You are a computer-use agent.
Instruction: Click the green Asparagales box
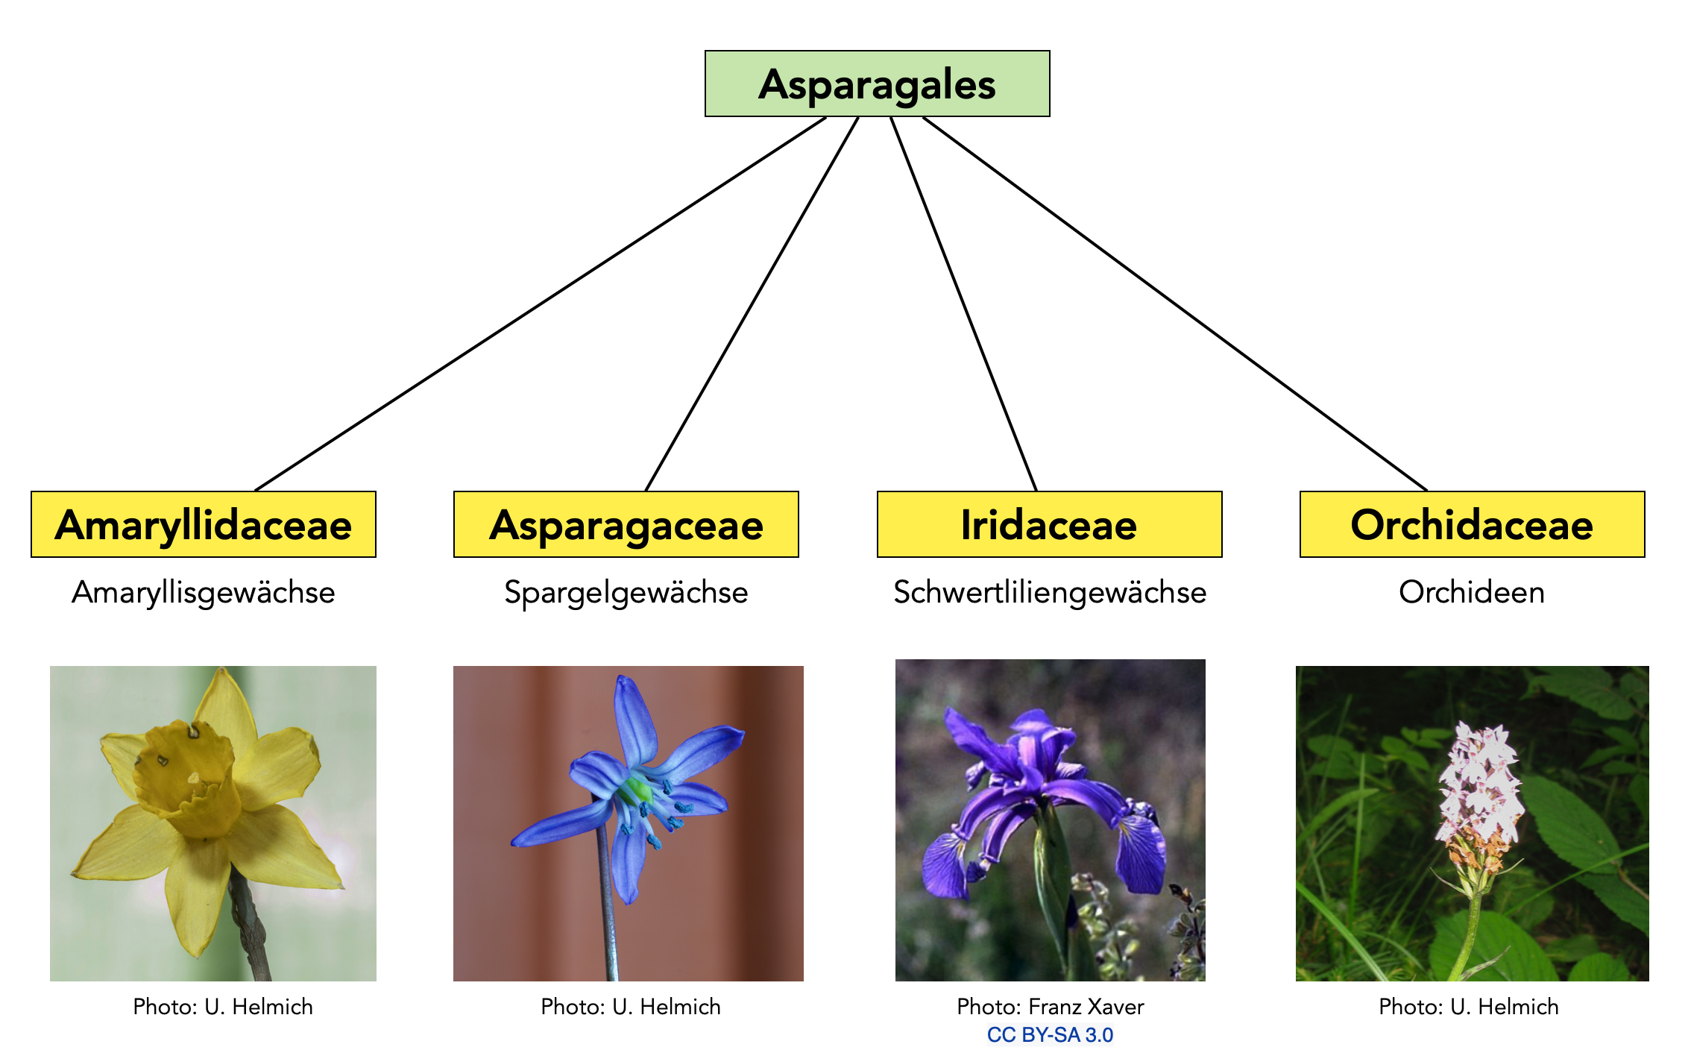[877, 84]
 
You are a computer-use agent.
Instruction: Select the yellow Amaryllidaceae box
[203, 524]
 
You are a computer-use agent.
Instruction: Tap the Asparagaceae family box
[626, 524]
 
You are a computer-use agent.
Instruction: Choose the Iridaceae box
[1049, 524]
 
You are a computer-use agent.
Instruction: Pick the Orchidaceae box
[1472, 524]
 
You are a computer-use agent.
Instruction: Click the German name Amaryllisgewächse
[203, 592]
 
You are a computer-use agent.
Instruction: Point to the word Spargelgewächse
[626, 592]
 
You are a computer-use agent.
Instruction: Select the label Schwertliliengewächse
[1049, 592]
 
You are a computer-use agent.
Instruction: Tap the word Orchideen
[1472, 592]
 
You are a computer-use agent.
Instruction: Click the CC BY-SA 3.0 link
[1050, 1035]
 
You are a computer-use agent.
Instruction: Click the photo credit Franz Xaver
[1050, 1007]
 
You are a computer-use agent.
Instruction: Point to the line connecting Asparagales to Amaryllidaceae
[540, 304]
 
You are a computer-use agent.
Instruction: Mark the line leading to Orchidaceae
[1175, 304]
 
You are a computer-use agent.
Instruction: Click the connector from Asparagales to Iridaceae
[963, 304]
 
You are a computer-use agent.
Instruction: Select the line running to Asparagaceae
[752, 304]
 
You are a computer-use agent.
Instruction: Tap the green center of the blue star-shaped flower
[637, 789]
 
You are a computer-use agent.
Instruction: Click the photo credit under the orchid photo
[1469, 1007]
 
